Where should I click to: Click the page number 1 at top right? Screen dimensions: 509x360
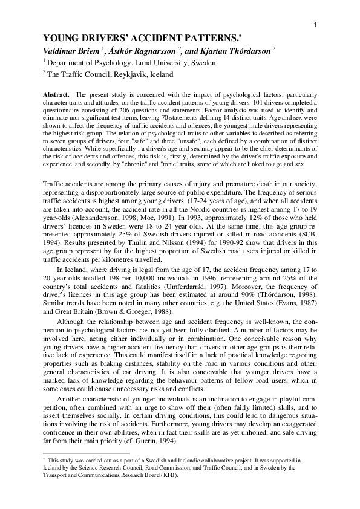316,24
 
